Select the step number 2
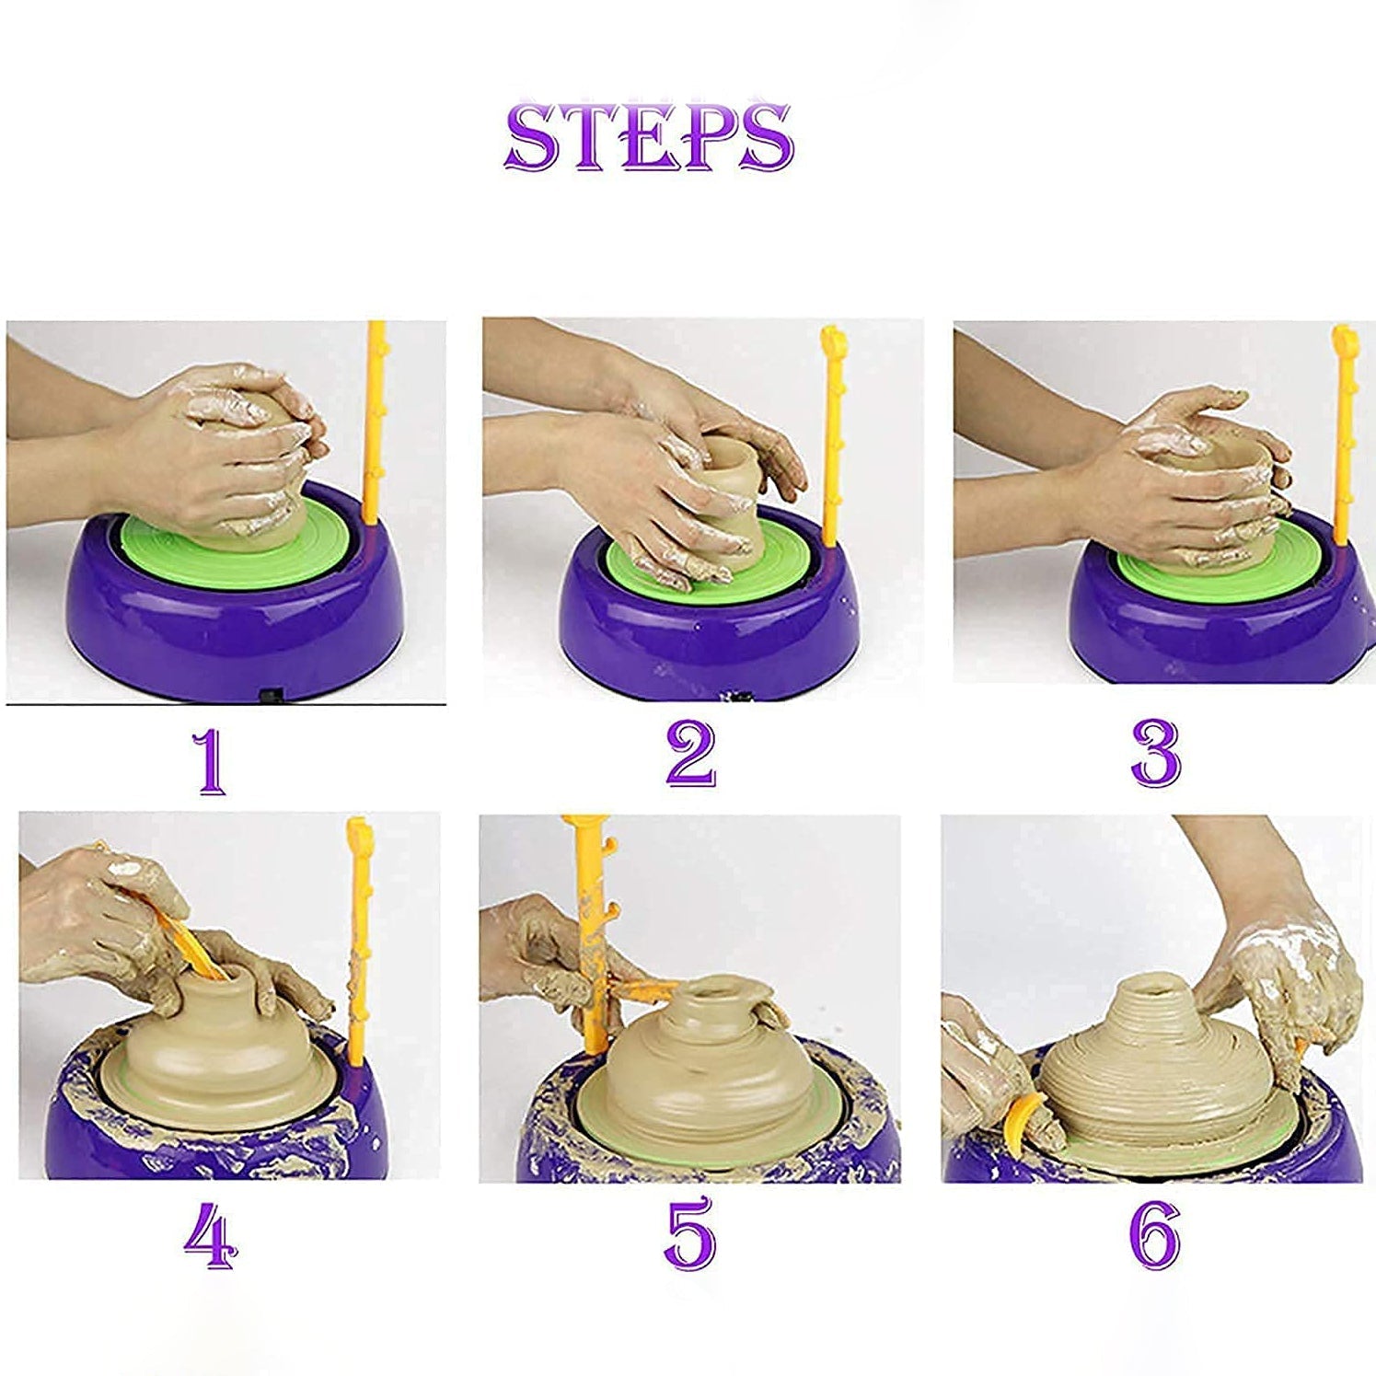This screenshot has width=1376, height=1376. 690,755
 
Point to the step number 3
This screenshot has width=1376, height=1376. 1155,755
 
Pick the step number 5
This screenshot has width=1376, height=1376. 689,1231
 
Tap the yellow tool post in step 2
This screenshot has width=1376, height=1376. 832,433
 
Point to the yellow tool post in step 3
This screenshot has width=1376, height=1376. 1343,433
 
